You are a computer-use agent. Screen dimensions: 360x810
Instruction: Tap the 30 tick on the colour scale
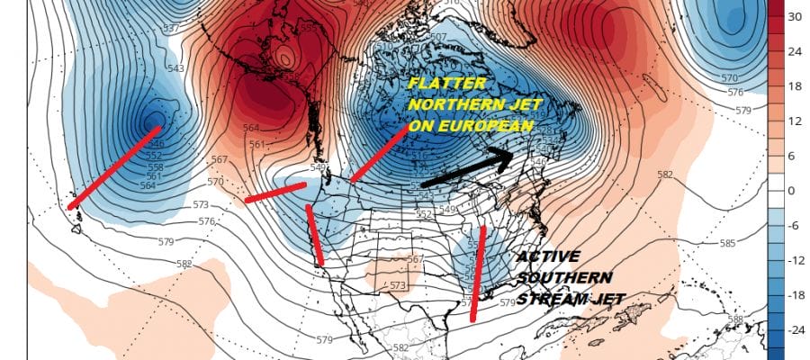[x=796, y=16]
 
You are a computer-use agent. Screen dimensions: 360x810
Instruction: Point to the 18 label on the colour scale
[x=796, y=86]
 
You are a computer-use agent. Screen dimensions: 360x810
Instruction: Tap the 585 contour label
[x=725, y=243]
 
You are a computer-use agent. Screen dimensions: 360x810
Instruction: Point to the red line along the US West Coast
[x=315, y=235]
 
